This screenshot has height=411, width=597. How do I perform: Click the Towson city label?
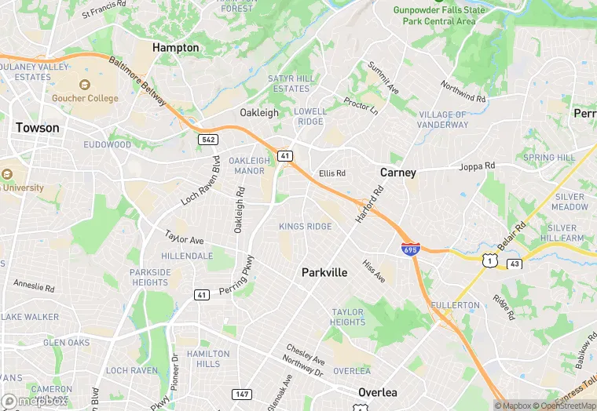(x=38, y=128)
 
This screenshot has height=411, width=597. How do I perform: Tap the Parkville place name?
(x=324, y=272)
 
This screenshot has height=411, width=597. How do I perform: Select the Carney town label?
(x=397, y=172)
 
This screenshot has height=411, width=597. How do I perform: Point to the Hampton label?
(x=175, y=48)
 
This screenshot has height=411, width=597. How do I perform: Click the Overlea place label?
(x=377, y=392)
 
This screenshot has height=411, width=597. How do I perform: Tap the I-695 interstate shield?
(x=409, y=249)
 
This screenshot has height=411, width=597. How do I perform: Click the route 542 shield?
(x=207, y=139)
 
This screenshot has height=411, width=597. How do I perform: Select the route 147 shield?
(x=242, y=393)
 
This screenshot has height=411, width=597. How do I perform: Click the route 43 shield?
(x=514, y=264)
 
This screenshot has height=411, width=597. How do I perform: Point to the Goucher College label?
(x=85, y=98)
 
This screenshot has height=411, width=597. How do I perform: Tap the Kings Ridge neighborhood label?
(x=305, y=227)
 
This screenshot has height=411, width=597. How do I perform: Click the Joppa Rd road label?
(x=478, y=166)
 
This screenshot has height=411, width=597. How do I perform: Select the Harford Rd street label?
(x=368, y=204)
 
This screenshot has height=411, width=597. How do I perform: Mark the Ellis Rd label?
(x=332, y=173)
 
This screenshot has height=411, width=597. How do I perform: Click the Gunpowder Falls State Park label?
(x=439, y=16)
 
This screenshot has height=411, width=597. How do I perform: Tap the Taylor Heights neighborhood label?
(x=347, y=317)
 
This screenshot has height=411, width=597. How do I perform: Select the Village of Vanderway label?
(x=443, y=119)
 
